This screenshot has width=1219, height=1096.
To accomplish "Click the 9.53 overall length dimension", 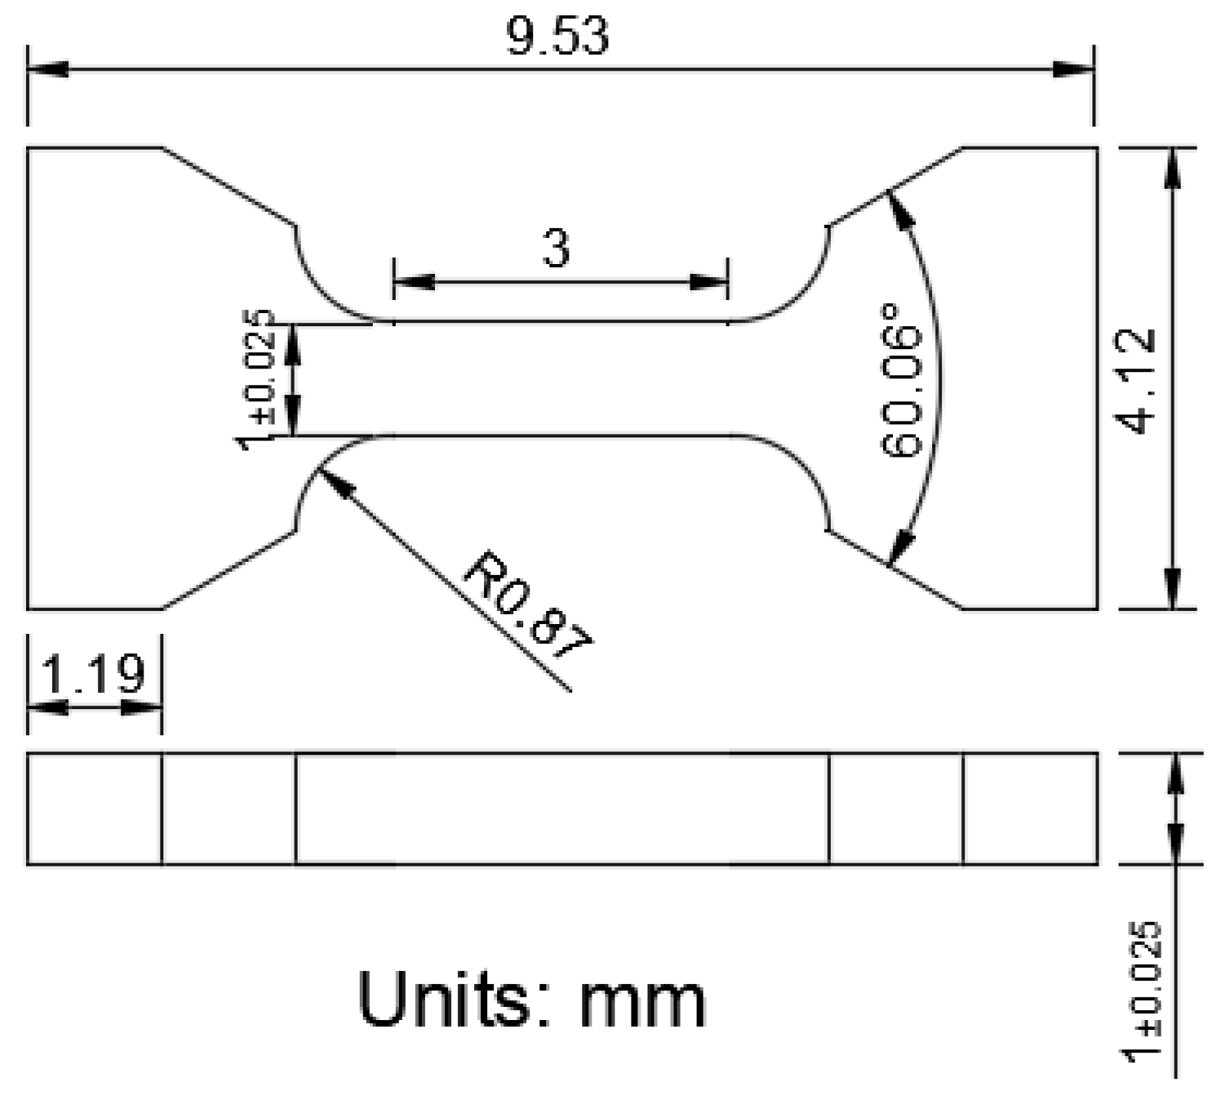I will [558, 36].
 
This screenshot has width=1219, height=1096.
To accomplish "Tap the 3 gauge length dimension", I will [557, 249].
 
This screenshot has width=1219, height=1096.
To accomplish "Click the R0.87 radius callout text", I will [528, 606].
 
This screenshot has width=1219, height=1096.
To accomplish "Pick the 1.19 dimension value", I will [93, 674].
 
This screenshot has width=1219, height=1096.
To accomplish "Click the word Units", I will [453, 1000].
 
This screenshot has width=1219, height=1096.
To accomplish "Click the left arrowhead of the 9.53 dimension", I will [48, 70].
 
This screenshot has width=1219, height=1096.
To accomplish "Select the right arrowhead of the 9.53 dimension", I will [1072, 70].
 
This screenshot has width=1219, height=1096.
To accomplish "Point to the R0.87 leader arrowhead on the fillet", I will [331, 480].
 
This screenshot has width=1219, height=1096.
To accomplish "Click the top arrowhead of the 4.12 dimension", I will [1172, 167].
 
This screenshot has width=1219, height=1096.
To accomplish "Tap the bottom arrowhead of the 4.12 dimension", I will [1172, 589].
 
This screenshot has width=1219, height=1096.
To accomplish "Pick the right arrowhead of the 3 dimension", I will [708, 282].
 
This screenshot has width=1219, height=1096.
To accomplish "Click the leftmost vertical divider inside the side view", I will [162, 809].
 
